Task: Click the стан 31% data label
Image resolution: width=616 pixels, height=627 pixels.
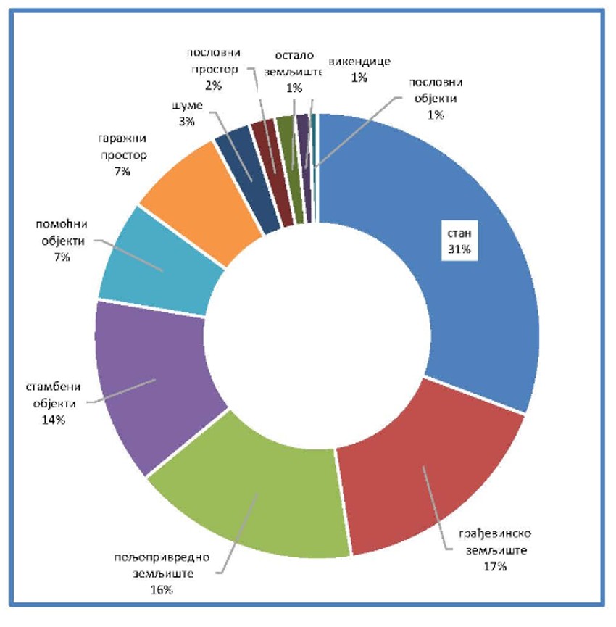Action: [x=458, y=241]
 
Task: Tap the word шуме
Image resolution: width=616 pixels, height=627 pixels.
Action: [x=186, y=107]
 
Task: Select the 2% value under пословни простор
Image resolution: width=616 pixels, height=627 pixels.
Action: [x=213, y=85]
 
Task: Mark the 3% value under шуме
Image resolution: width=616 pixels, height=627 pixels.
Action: [x=186, y=121]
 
